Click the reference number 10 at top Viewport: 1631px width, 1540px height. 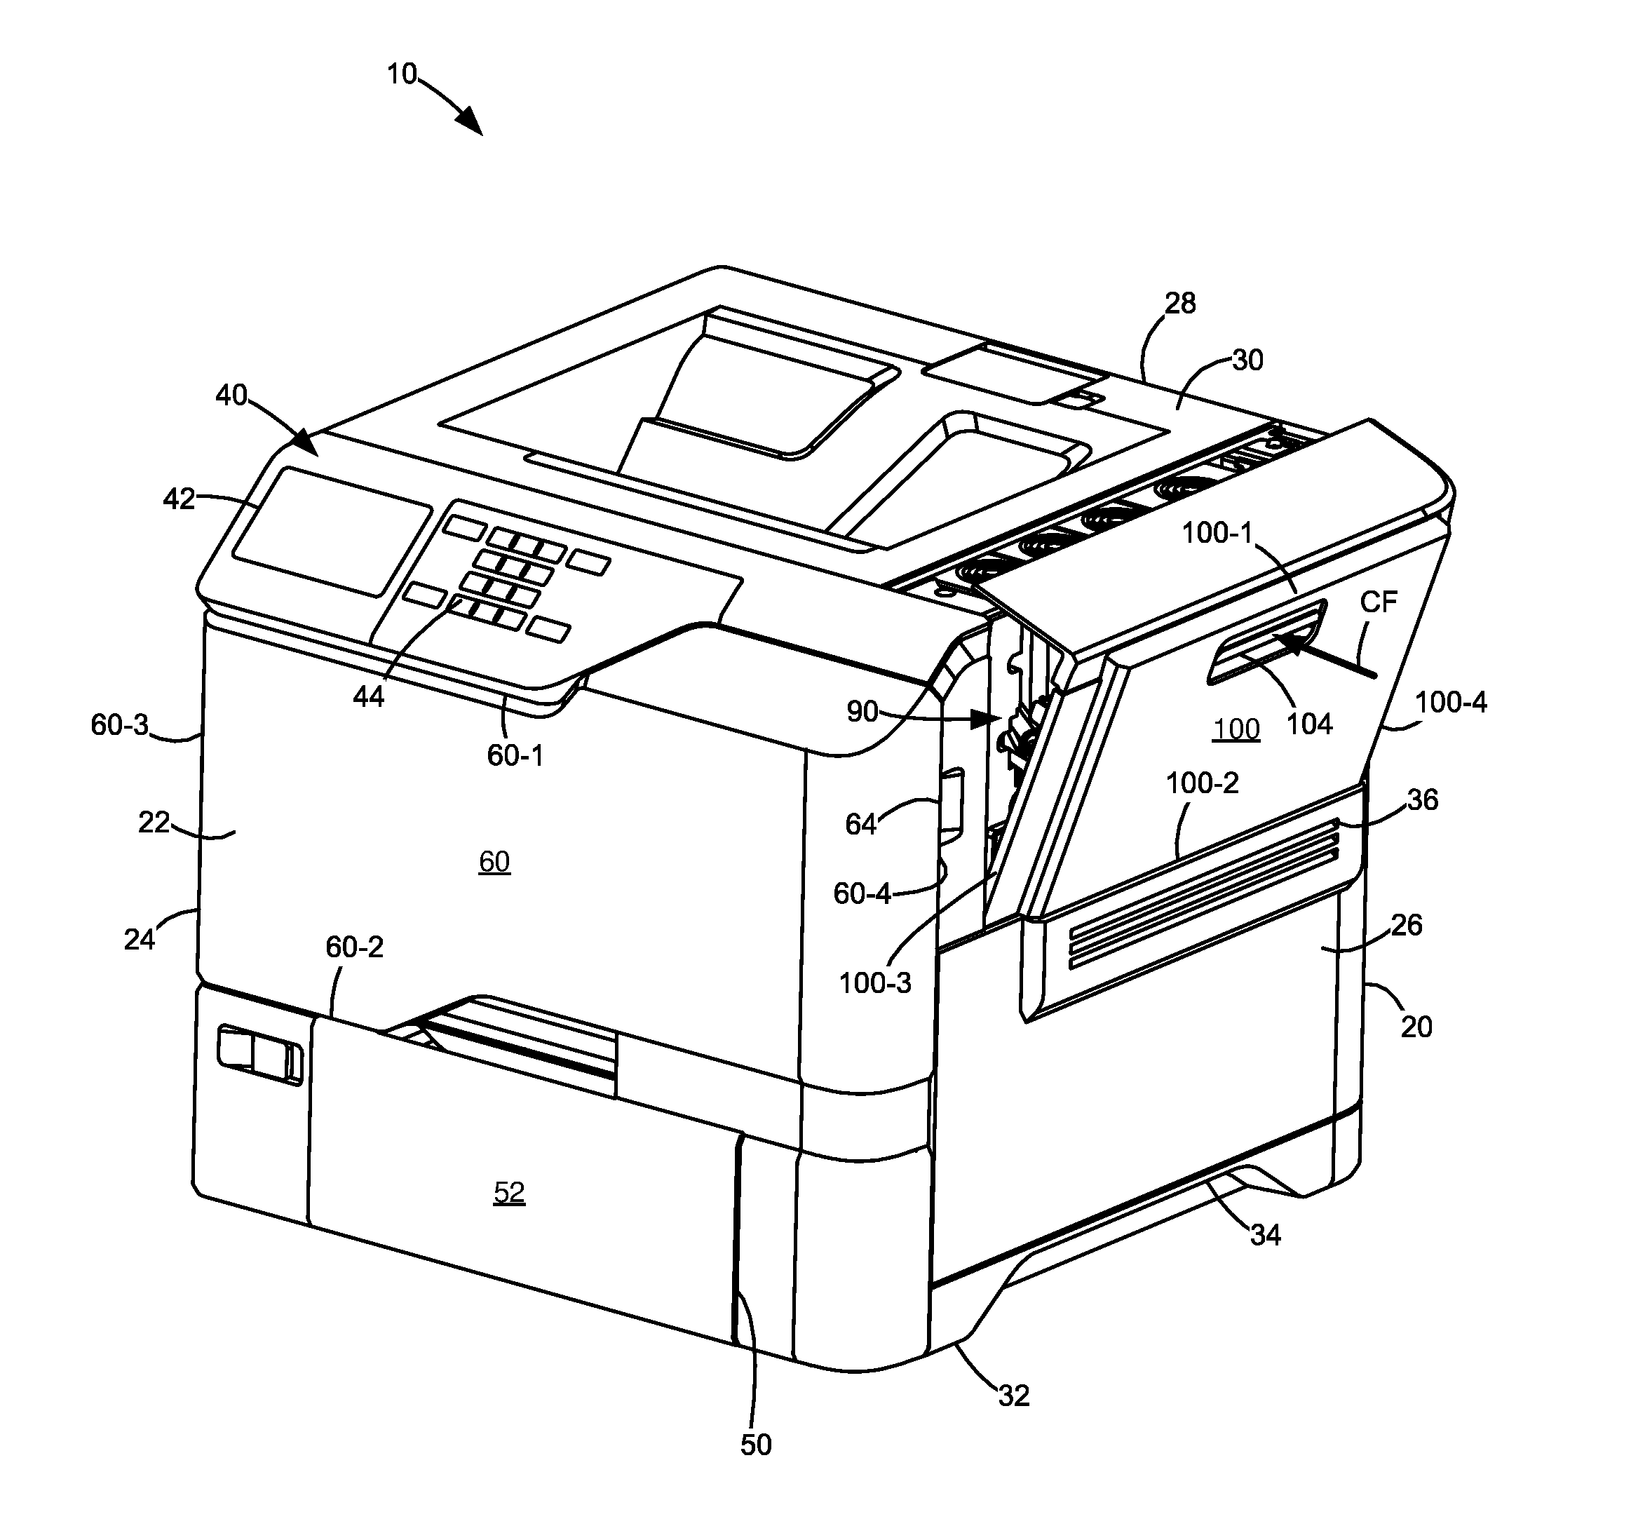coord(402,75)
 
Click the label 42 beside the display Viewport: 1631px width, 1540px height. coord(179,499)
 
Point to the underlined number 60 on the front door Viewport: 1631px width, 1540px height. coord(494,861)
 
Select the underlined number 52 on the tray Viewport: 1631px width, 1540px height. coord(509,1192)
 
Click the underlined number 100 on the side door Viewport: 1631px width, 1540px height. coord(1236,729)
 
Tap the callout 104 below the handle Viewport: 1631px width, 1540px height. coord(1308,724)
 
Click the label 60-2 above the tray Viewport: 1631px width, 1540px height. coord(355,947)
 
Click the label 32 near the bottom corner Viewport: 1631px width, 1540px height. coord(1014,1396)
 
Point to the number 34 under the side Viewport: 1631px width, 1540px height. coord(1265,1235)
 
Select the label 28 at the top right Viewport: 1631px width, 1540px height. coord(1180,304)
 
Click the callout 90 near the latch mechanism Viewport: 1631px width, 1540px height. coord(862,712)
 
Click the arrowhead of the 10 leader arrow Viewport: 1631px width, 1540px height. coord(471,123)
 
